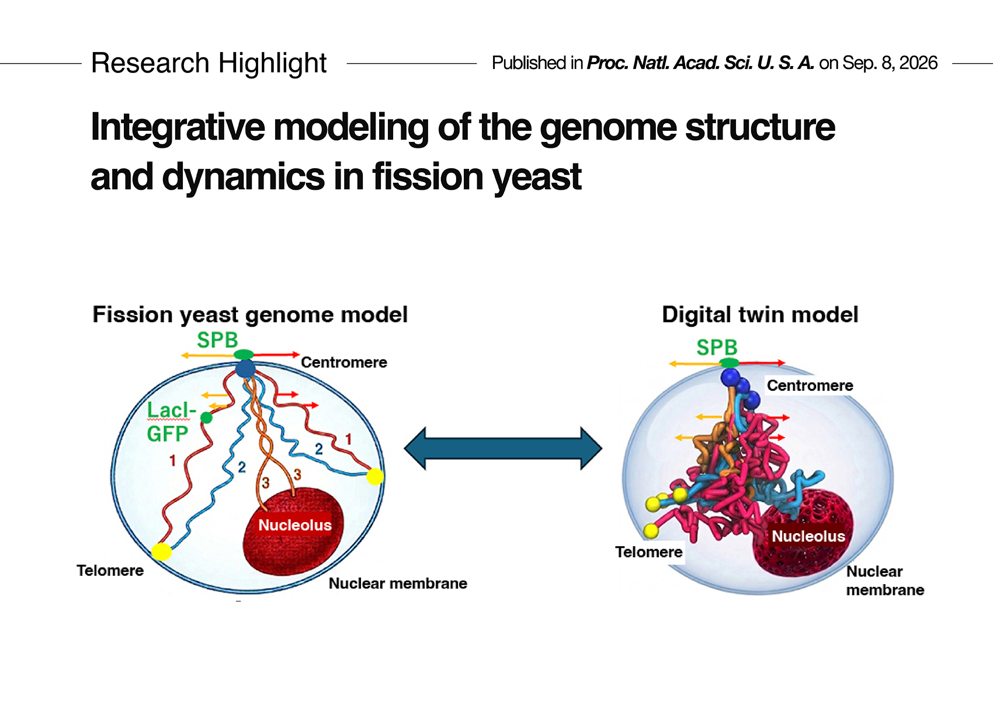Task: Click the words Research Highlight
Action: pos(209,63)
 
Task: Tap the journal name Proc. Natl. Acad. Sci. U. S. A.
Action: pos(700,63)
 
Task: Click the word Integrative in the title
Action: pos(178,128)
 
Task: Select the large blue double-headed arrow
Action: pos(503,448)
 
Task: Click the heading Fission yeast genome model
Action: pos(250,315)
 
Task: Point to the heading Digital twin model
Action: pos(760,315)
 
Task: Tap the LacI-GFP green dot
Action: pos(206,418)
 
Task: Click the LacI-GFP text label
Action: pos(171,422)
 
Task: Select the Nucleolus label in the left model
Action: pos(295,525)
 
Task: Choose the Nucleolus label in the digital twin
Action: pos(808,536)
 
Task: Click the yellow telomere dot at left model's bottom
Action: pos(161,552)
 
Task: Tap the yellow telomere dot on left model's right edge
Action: pos(375,477)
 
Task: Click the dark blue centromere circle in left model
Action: pos(245,369)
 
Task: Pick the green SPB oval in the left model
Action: pos(244,355)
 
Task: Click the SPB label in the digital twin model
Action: pos(717,347)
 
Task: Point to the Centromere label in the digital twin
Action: pos(810,385)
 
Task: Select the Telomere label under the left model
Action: pos(110,571)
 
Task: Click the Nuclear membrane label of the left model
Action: pos(398,583)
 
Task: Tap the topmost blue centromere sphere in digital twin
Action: pos(730,378)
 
